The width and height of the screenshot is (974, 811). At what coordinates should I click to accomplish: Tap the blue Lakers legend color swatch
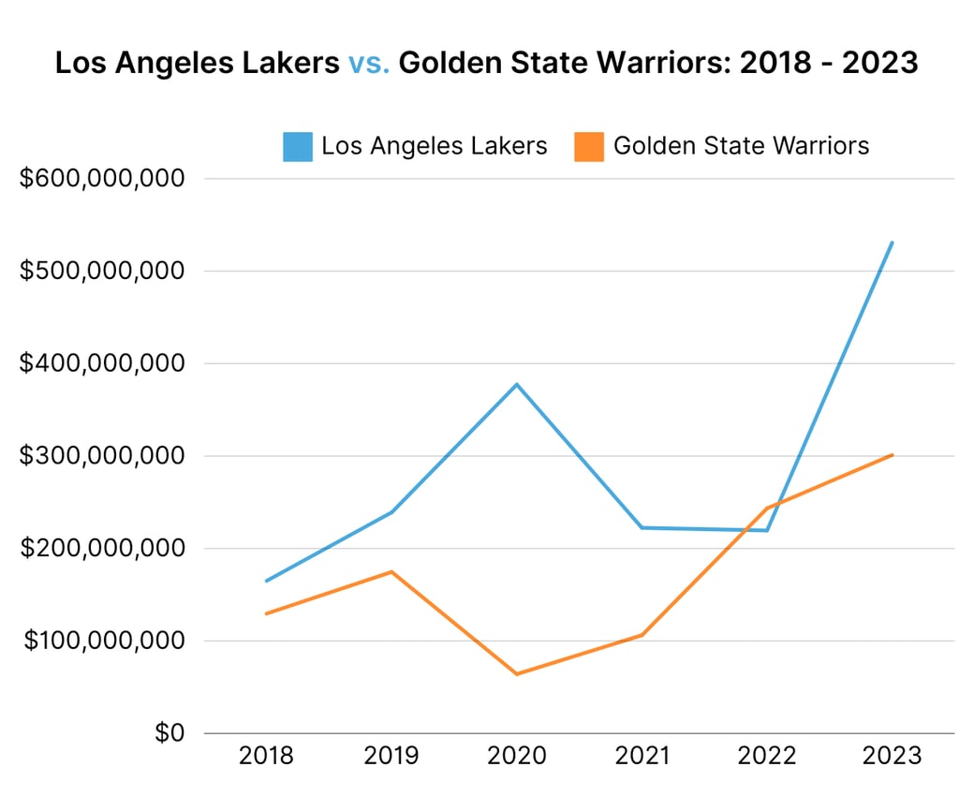(x=298, y=146)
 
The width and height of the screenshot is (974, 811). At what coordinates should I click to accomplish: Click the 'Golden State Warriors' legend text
(x=741, y=146)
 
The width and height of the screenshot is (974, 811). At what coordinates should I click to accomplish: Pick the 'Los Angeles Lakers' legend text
(x=434, y=146)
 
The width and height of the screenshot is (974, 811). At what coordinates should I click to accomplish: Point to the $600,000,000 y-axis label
(x=103, y=178)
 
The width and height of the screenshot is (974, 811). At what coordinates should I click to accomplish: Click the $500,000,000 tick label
(x=103, y=271)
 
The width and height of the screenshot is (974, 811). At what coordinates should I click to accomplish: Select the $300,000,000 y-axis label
(x=103, y=456)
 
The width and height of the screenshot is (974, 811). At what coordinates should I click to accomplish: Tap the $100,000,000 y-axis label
(x=103, y=641)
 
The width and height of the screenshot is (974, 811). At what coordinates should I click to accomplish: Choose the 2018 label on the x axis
(x=266, y=756)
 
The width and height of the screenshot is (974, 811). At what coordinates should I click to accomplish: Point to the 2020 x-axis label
(x=517, y=756)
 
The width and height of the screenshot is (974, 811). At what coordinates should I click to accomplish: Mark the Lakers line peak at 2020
(x=517, y=384)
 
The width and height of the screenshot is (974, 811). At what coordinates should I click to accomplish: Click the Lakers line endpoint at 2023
(x=893, y=243)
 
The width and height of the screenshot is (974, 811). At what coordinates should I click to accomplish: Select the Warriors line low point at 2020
(x=517, y=674)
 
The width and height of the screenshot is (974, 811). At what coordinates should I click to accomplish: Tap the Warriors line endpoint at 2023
(x=893, y=455)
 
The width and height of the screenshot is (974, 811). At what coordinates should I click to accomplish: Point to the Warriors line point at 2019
(x=391, y=571)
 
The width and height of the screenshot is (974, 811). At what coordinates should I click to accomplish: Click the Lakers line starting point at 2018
(x=266, y=582)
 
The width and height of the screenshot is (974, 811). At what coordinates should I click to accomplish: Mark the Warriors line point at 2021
(x=642, y=635)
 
